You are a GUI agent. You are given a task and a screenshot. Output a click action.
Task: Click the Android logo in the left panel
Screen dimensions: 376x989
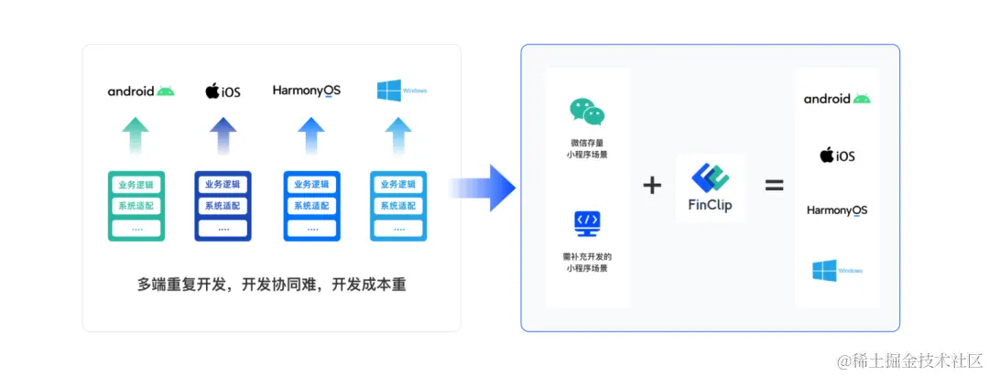tap(140, 91)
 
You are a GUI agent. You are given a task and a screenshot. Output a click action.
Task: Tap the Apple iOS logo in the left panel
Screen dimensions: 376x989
tap(223, 91)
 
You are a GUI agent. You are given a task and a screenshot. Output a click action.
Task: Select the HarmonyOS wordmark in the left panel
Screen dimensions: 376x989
tap(306, 91)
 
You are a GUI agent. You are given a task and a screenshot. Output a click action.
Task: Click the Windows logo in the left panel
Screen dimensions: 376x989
tap(401, 91)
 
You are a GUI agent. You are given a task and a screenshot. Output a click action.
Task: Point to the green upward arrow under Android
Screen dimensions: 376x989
tap(136, 136)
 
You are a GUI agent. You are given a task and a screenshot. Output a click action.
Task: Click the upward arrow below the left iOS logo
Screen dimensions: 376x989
tap(223, 136)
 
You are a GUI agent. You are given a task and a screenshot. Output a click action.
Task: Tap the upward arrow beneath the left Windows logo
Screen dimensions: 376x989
tap(397, 136)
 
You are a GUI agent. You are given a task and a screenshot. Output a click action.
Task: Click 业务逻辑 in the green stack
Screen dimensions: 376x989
tap(136, 185)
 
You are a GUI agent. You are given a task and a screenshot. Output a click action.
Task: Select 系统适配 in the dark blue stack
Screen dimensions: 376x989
tap(223, 206)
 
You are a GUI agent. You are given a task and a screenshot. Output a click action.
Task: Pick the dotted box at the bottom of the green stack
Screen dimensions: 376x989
tap(136, 228)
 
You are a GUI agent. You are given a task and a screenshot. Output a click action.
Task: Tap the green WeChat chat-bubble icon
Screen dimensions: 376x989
tap(587, 112)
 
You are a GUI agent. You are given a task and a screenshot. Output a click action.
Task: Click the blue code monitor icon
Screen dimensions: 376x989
tap(587, 223)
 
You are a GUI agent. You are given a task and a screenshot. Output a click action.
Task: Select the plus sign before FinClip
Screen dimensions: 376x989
tap(652, 186)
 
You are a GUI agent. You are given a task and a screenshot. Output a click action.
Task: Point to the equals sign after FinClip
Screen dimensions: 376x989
tap(774, 186)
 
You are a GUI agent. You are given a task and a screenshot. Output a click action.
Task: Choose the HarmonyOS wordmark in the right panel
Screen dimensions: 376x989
tap(836, 210)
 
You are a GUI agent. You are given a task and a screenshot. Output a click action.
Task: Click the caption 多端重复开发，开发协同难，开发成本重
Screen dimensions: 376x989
tap(271, 285)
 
